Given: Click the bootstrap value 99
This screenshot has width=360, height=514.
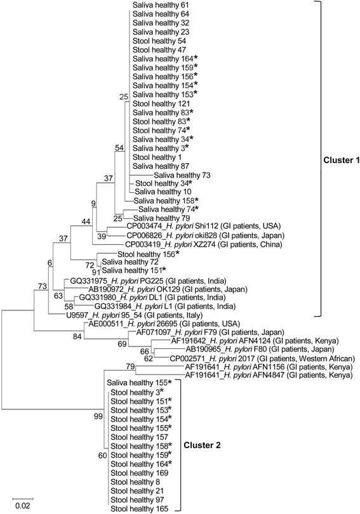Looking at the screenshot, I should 97,415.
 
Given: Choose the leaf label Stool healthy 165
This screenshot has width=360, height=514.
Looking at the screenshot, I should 140,509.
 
